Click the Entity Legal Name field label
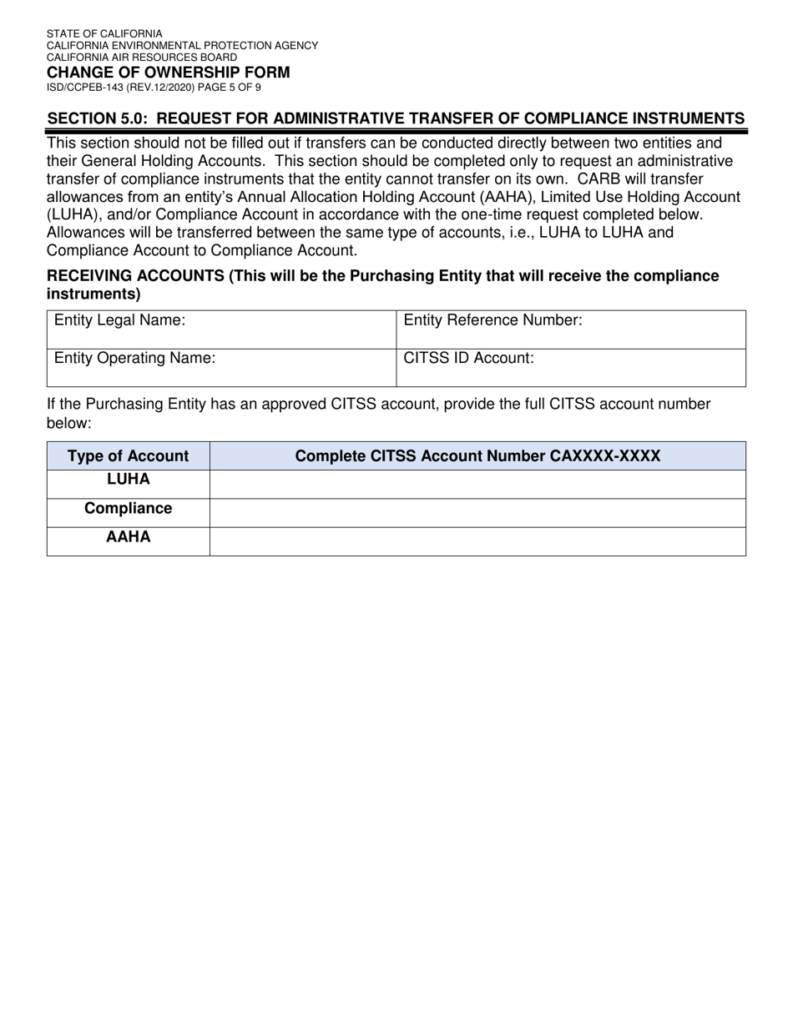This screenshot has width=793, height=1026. [119, 320]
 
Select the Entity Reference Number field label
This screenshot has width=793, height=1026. [492, 320]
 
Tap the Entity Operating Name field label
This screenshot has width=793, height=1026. [134, 359]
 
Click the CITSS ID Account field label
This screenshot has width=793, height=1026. [468, 359]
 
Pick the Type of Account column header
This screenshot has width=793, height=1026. [128, 456]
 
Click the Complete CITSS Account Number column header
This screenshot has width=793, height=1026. [477, 456]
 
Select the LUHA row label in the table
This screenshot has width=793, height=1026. [128, 480]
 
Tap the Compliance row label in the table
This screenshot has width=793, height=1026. [128, 509]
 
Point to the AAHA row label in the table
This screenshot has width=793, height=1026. [128, 537]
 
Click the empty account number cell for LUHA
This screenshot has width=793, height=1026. [477, 484]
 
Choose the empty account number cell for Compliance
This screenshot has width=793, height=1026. [477, 512]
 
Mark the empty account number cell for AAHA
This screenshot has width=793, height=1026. [477, 541]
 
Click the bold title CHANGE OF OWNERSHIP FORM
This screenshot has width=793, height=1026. [169, 73]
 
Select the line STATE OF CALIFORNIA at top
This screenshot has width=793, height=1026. [104, 34]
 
